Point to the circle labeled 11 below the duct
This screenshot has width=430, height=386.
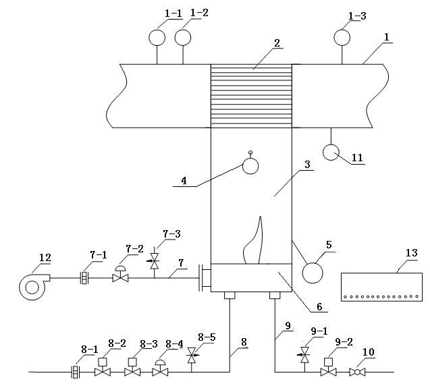click(x=332, y=153)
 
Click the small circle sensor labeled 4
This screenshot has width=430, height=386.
click(x=250, y=165)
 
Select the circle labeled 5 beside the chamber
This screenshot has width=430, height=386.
click(x=313, y=273)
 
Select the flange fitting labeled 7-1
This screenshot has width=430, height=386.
click(x=85, y=277)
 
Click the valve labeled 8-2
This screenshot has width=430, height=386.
click(x=103, y=370)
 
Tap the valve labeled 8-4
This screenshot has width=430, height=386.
click(x=161, y=370)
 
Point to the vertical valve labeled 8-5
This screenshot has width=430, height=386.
click(x=191, y=356)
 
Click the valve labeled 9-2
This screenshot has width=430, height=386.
click(x=329, y=370)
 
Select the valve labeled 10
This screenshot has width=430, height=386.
click(x=359, y=370)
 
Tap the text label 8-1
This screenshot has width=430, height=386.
click(x=89, y=349)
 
